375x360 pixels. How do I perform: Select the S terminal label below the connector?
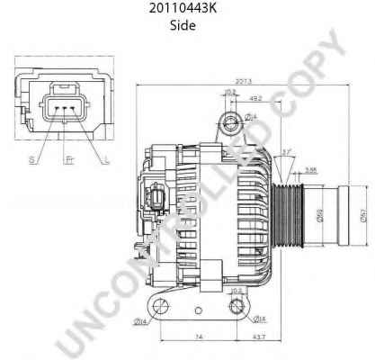pyautogui.click(x=31, y=158)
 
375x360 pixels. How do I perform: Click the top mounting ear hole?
pyautogui.click(x=235, y=127)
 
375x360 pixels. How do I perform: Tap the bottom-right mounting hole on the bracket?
pyautogui.click(x=235, y=309)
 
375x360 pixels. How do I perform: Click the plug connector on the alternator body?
pyautogui.click(x=158, y=199)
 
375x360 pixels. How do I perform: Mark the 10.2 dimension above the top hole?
pyautogui.click(x=230, y=93)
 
